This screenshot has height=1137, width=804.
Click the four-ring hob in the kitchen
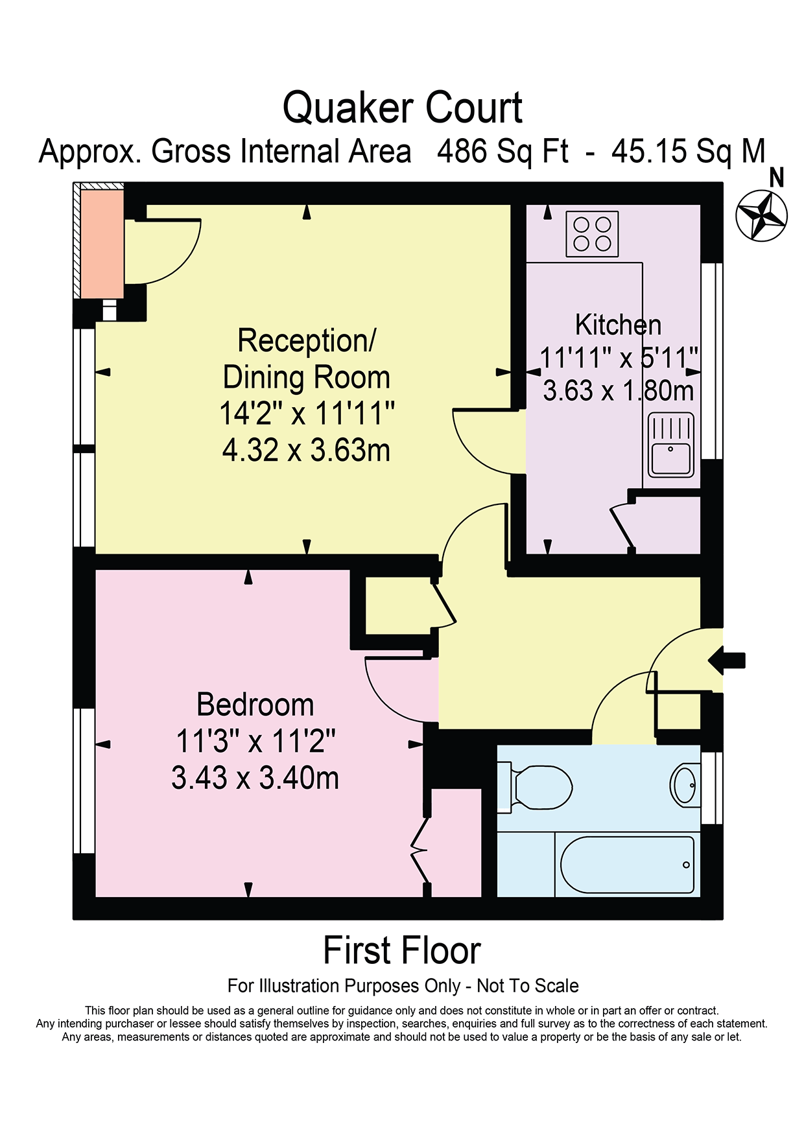[x=593, y=233]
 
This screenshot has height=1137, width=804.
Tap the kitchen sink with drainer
[x=671, y=445]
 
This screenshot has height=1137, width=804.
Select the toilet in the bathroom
[x=534, y=787]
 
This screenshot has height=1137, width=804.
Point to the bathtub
[x=627, y=865]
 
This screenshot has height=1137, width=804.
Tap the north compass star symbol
[x=762, y=216]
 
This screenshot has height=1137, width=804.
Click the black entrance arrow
[x=727, y=661]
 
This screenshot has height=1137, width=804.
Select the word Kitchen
[x=619, y=325]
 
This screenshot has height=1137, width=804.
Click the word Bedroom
[x=255, y=705]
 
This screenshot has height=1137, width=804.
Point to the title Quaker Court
[x=403, y=108]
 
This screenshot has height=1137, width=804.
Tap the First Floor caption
[x=402, y=951]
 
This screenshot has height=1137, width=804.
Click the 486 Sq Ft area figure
[x=503, y=152]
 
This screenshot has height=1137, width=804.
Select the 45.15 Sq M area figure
[x=689, y=152]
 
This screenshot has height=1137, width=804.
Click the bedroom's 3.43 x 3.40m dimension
[x=255, y=778]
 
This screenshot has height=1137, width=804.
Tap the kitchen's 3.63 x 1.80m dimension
[x=619, y=391]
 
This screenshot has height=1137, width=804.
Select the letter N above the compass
[x=776, y=178]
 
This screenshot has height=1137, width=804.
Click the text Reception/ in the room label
[x=307, y=341]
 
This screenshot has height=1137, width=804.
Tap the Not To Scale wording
[x=528, y=986]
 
